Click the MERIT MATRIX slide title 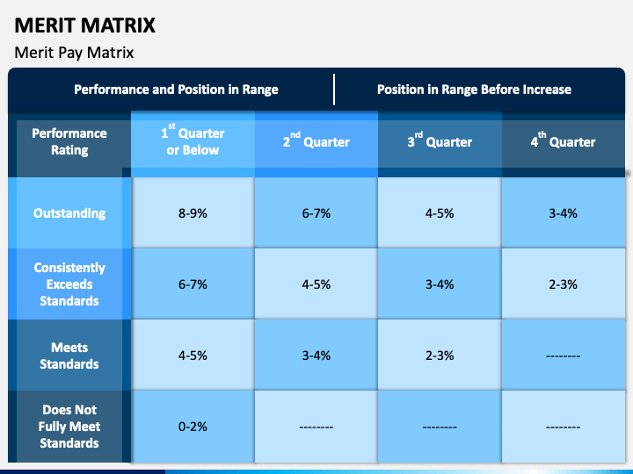coord(84,25)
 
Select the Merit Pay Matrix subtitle coord(74,53)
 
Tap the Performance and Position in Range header coord(176,90)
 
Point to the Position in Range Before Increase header coord(474,90)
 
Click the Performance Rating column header coord(69,141)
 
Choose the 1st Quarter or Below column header coord(193,140)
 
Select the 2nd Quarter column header coord(316,140)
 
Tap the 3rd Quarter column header coord(440,140)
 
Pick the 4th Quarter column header coord(563,140)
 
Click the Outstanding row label coord(69,212)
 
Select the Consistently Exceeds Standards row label coord(69,284)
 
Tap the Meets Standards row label coord(69,355)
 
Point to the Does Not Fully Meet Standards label coord(69,427)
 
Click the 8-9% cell coord(193,213)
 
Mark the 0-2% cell coord(193,427)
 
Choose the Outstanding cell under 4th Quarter coord(564,213)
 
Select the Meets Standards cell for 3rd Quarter coord(440,355)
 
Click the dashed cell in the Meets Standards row coord(564,356)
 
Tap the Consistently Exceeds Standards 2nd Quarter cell coord(316,284)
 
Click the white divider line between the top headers coord(334,89)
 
